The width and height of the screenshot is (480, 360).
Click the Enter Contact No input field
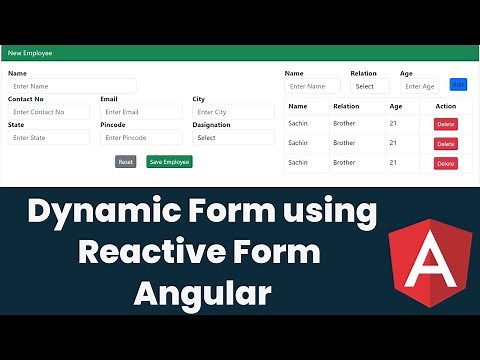click(49, 112)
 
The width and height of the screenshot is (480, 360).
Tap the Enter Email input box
click(141, 112)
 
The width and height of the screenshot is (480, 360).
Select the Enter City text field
click(233, 112)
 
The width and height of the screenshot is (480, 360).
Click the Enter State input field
click(49, 137)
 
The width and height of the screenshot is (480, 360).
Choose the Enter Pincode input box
click(141, 137)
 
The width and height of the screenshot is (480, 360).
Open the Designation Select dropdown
click(233, 137)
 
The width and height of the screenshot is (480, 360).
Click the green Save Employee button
click(169, 161)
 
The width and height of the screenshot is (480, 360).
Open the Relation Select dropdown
click(369, 86)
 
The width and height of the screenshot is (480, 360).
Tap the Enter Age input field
click(420, 86)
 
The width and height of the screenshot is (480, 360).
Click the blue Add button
click(458, 85)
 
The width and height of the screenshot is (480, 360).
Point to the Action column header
click(446, 105)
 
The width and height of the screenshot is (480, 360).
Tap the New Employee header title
click(30, 52)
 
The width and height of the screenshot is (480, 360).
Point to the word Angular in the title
click(205, 293)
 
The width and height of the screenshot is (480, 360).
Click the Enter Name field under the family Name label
click(312, 86)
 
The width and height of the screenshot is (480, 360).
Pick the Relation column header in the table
click(346, 105)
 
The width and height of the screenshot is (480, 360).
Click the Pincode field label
click(113, 125)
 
